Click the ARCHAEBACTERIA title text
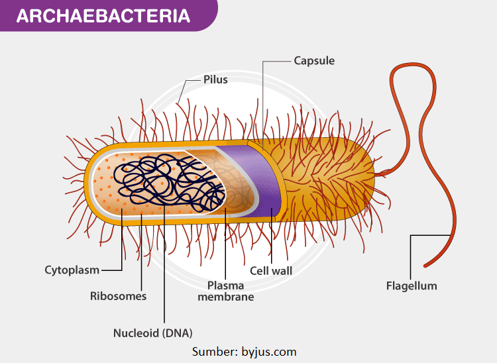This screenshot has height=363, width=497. (102, 17)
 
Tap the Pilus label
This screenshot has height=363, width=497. (215, 79)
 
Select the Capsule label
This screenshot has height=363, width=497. (314, 61)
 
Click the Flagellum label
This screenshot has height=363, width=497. (412, 286)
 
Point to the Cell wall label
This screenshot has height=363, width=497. (271, 271)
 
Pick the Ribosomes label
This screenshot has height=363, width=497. (118, 296)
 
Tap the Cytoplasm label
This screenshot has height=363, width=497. (72, 270)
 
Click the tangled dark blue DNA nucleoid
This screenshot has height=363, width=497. (169, 183)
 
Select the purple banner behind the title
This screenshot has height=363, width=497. (199, 17)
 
